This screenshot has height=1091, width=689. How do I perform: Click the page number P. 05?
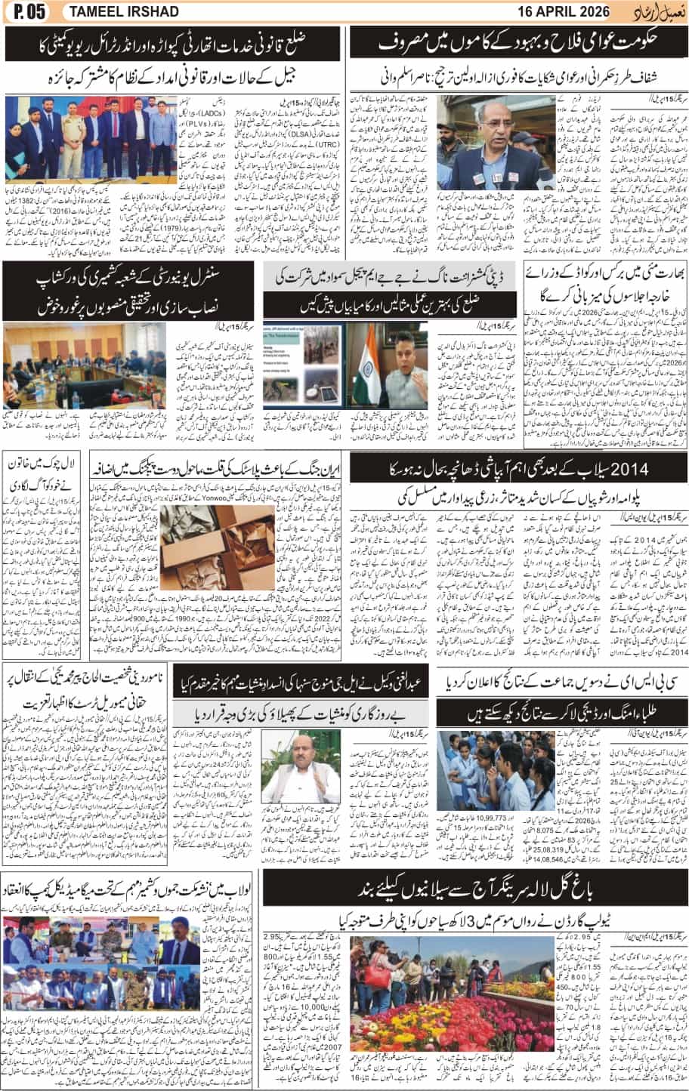click(x=24, y=11)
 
